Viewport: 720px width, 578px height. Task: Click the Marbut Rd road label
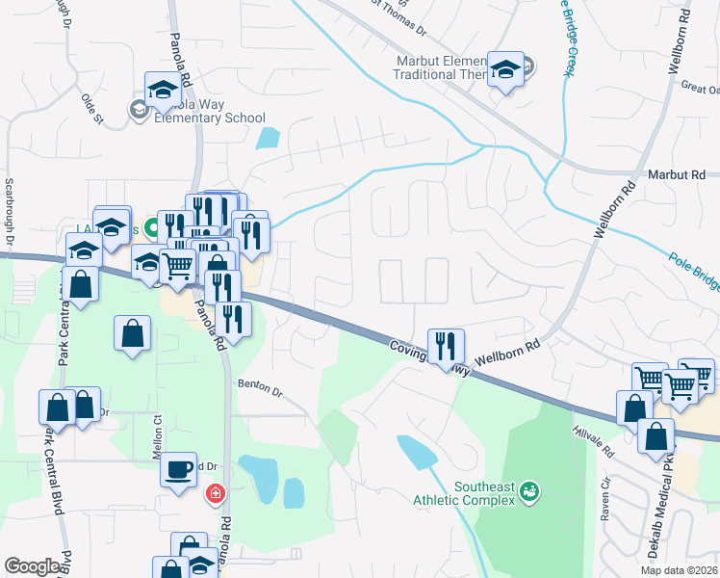tap(677, 174)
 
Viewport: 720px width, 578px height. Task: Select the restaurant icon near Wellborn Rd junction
tap(446, 344)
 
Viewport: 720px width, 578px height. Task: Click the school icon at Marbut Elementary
tap(505, 69)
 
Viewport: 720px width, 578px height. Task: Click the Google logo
tap(32, 566)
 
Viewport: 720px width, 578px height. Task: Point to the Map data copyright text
tap(680, 570)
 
